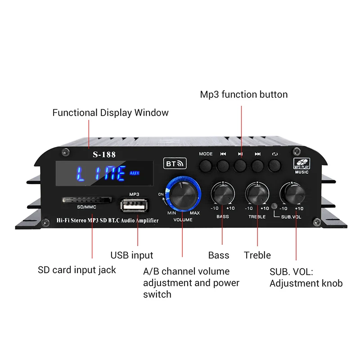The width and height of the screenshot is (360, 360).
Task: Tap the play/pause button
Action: (240, 166)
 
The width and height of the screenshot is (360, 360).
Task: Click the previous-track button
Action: (223, 166)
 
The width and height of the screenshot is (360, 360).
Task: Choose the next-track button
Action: (257, 166)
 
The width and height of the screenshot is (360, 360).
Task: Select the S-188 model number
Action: (104, 154)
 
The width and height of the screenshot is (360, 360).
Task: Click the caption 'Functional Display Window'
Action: (110, 112)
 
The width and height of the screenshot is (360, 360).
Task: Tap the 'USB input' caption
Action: (132, 255)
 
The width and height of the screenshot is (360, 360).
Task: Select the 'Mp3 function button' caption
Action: (243, 94)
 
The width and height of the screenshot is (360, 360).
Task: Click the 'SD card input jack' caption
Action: (76, 270)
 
